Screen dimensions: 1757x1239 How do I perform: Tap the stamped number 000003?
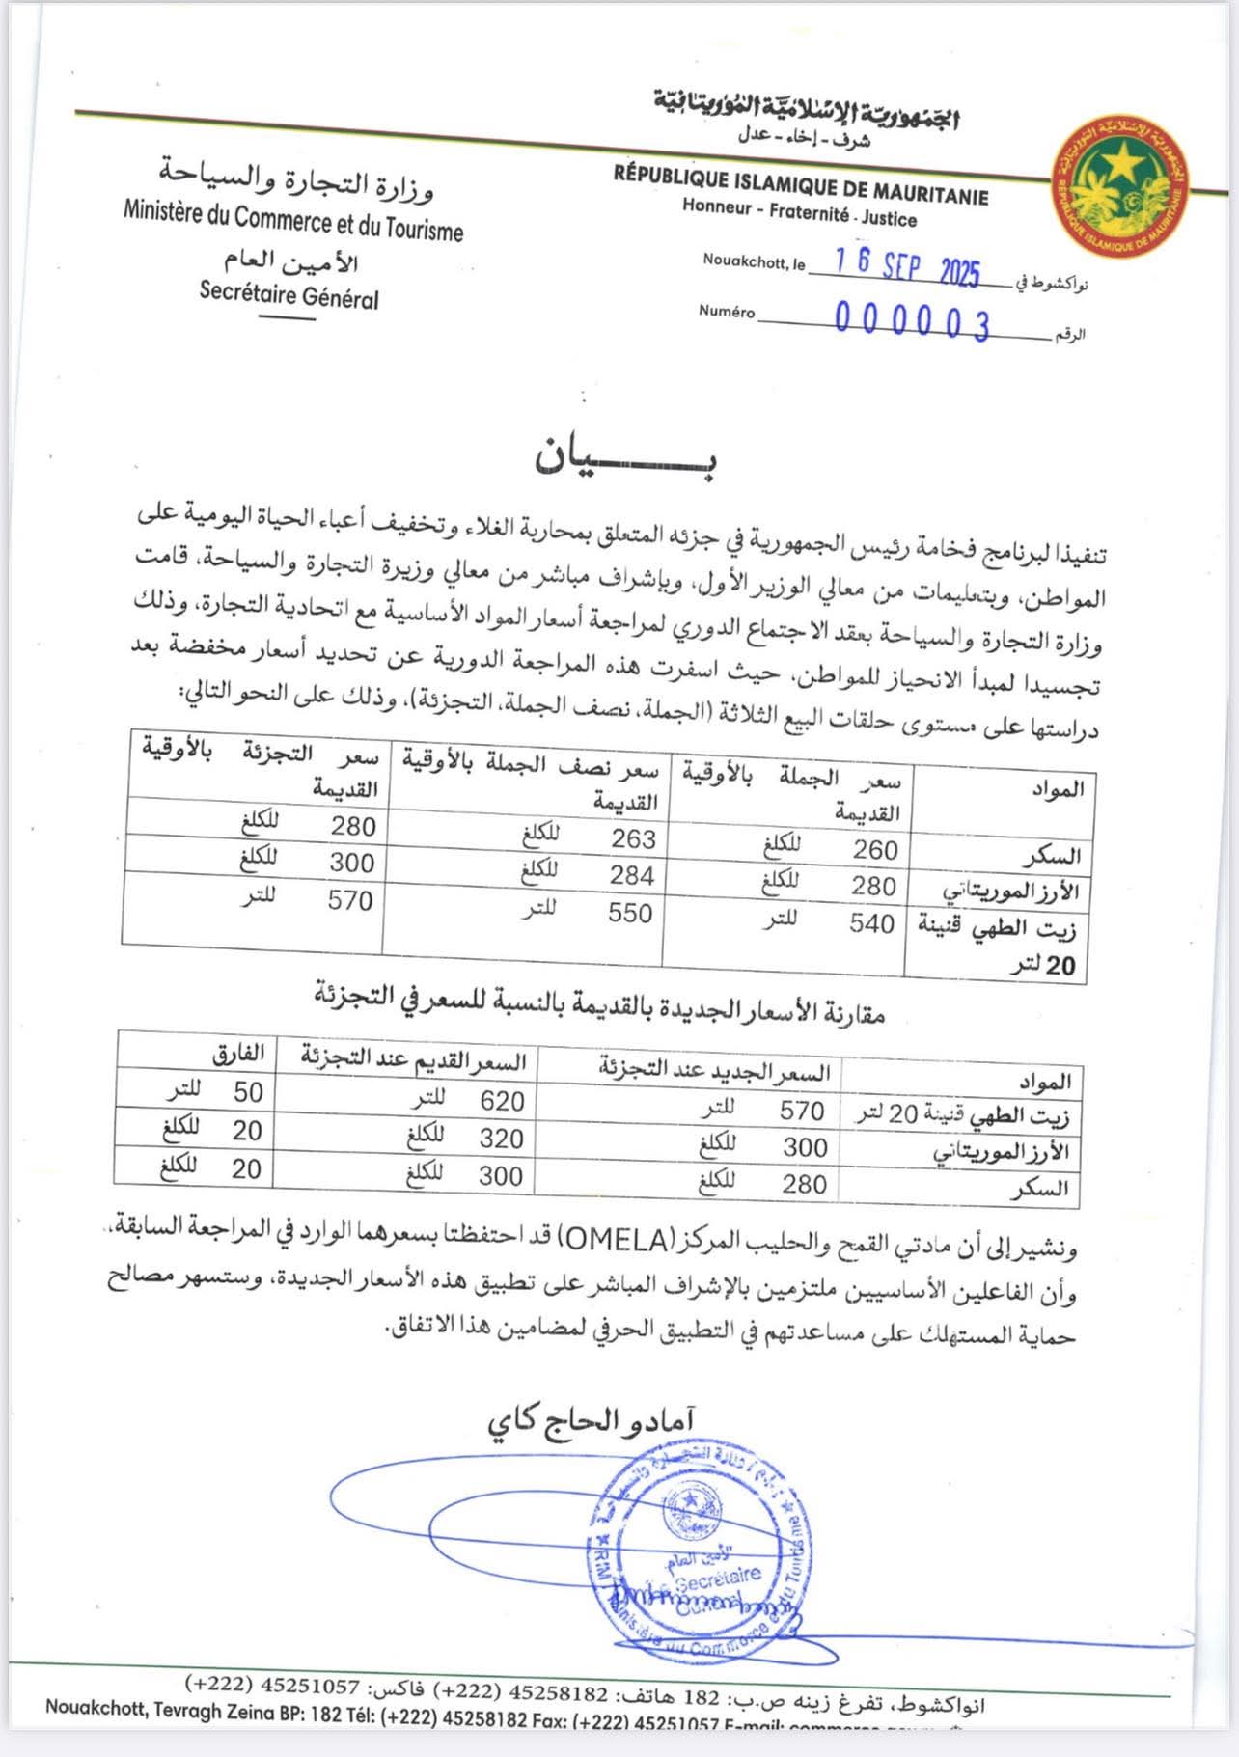912,321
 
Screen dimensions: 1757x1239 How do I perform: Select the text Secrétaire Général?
289,294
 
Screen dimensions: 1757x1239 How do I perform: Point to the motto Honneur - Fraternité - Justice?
799,213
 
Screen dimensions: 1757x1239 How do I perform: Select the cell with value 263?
633,839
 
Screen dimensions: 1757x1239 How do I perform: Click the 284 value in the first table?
632,876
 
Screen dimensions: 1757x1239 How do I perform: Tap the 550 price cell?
630,913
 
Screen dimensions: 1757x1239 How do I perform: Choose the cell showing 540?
871,923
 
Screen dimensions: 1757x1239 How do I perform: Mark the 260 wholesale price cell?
875,850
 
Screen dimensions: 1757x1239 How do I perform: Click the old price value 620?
502,1101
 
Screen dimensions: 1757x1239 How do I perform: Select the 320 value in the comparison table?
502,1139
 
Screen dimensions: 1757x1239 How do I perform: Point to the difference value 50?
248,1092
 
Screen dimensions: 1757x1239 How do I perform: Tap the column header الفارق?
237,1053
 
